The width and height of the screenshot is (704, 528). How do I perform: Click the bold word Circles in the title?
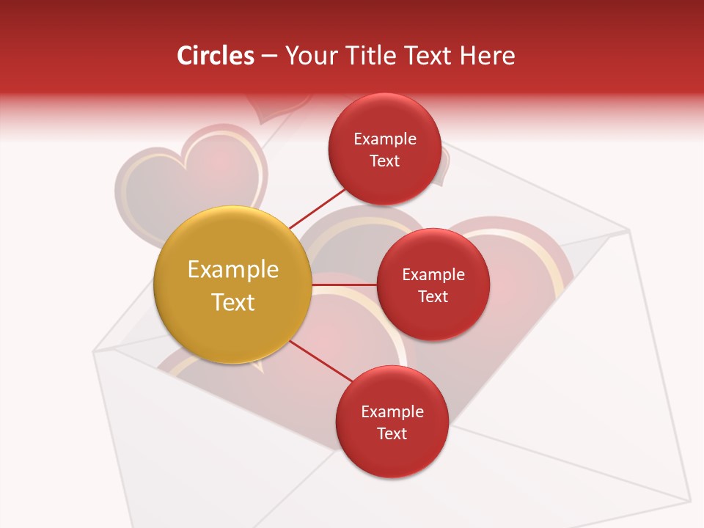pyautogui.click(x=216, y=56)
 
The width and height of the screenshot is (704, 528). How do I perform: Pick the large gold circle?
pyautogui.click(x=232, y=285)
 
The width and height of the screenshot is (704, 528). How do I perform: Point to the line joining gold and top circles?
pyautogui.click(x=317, y=208)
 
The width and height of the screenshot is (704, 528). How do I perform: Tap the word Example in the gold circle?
pyautogui.click(x=233, y=270)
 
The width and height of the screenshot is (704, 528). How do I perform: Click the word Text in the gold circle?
pyautogui.click(x=233, y=302)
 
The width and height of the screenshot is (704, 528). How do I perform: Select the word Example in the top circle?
pyautogui.click(x=385, y=139)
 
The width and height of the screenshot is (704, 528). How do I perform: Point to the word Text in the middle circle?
pyautogui.click(x=433, y=297)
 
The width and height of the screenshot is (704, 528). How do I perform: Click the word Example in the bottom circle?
pyautogui.click(x=392, y=412)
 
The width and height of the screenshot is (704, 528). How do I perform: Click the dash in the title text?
pyautogui.click(x=269, y=56)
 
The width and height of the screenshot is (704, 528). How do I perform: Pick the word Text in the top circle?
pyautogui.click(x=385, y=161)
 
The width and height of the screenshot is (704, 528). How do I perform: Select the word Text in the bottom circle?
pyautogui.click(x=392, y=434)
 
